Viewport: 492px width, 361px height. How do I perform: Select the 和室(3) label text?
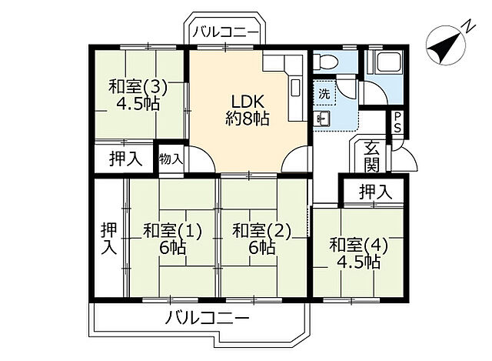[138, 87]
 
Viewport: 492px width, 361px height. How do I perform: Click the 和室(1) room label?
[172, 229]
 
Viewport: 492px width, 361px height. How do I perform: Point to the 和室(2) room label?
[261, 229]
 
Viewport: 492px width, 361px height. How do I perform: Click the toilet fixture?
[325, 62]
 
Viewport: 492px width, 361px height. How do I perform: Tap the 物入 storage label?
[171, 159]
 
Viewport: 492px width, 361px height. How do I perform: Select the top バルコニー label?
[225, 32]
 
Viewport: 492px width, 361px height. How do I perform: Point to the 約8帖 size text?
[247, 119]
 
